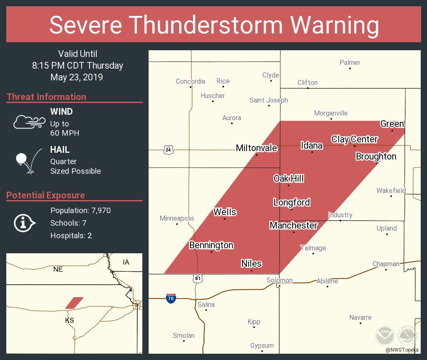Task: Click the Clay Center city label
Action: [354, 139]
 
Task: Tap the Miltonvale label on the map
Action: [256, 148]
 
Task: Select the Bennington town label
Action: [211, 245]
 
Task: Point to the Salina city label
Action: [206, 304]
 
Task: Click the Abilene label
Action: [327, 281]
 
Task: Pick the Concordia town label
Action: [190, 81]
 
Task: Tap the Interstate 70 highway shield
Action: [170, 298]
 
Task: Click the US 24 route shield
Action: [168, 149]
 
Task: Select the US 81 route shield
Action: [198, 278]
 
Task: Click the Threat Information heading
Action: [46, 97]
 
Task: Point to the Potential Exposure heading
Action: [45, 195]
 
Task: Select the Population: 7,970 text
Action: [80, 210]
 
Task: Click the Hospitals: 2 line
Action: [71, 235]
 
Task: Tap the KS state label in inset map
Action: [69, 320]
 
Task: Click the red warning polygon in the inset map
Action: [74, 303]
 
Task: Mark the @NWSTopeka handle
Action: [402, 350]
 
